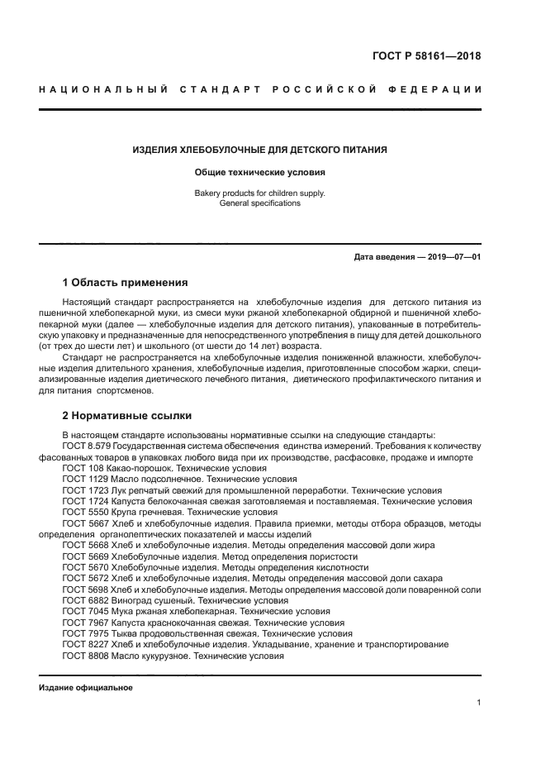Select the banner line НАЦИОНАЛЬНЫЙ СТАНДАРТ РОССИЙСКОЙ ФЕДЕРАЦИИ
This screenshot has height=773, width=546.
coord(260,89)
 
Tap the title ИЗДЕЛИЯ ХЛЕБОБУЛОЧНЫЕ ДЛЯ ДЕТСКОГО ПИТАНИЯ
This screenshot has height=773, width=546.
coord(260,150)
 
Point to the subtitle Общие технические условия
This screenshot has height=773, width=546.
coord(260,173)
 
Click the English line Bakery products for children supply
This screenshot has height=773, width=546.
coord(260,193)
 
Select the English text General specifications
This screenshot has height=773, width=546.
coord(260,203)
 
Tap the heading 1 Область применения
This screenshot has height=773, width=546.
coord(126,282)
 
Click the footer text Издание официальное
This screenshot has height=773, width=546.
coord(86,688)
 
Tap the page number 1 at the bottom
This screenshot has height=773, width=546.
coord(478,703)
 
